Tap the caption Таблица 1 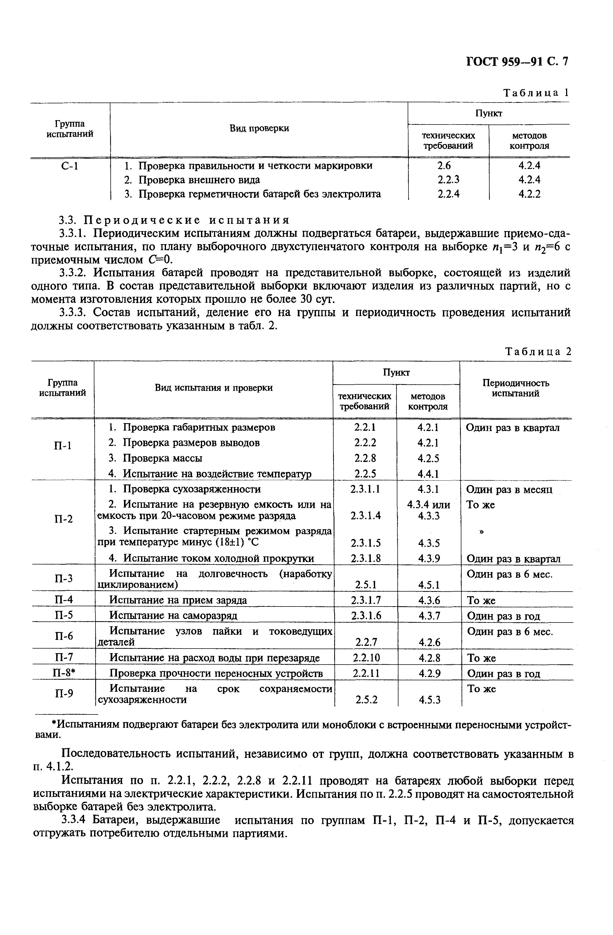(x=537, y=93)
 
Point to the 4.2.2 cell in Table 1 (x=529, y=194)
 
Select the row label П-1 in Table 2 (x=63, y=445)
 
